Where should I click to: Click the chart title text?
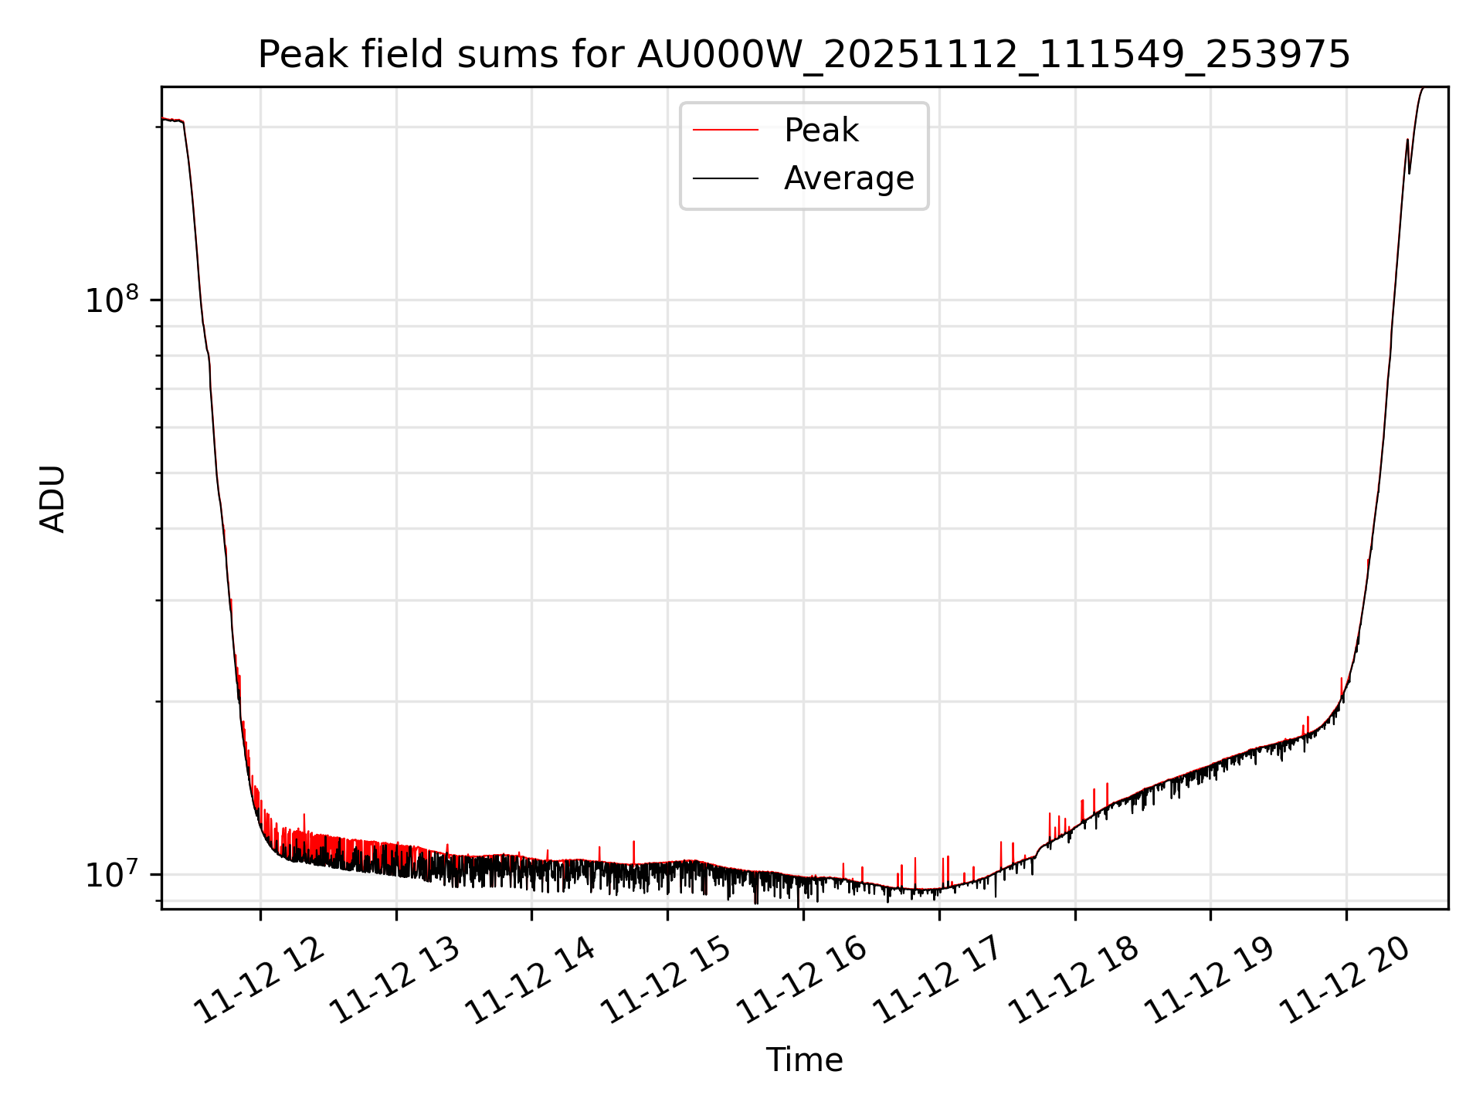click(x=803, y=56)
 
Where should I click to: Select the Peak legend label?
click(x=820, y=131)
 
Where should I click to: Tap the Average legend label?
click(x=848, y=178)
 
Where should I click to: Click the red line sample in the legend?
click(x=725, y=131)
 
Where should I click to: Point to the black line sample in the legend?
click(x=725, y=178)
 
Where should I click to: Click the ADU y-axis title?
click(x=53, y=499)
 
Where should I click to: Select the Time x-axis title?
click(x=804, y=1059)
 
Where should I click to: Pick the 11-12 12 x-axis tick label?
click(x=259, y=981)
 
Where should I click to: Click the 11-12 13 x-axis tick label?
click(x=395, y=981)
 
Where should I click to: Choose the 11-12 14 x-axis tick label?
click(x=531, y=981)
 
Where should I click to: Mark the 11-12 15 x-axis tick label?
click(x=666, y=981)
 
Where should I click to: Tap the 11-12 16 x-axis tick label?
click(x=802, y=981)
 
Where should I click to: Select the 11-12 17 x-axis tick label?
click(x=938, y=981)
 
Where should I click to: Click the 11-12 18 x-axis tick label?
click(x=1074, y=981)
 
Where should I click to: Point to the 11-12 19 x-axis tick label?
click(x=1209, y=981)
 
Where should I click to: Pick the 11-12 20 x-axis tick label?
click(x=1345, y=981)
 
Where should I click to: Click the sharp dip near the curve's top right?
click(x=1410, y=171)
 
